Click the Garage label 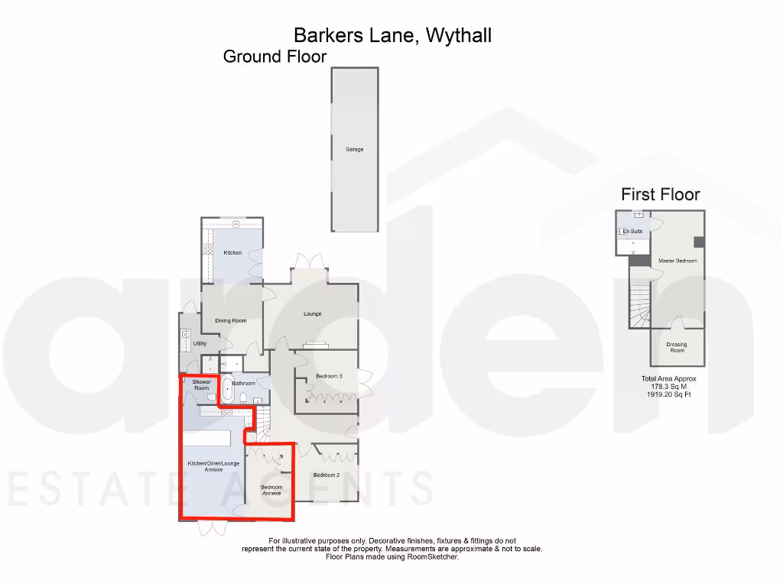point(354,149)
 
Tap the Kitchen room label point(232,253)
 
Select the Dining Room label point(230,320)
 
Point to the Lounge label point(312,314)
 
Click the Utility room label point(200,344)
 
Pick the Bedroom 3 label point(329,376)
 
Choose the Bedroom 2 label point(327,475)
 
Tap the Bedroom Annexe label point(271,490)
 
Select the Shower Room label point(201,385)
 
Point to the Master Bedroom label point(677,261)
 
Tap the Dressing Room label point(677,347)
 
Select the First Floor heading point(660,195)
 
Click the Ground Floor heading point(275,57)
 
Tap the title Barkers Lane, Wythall point(392,35)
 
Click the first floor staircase point(638,305)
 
